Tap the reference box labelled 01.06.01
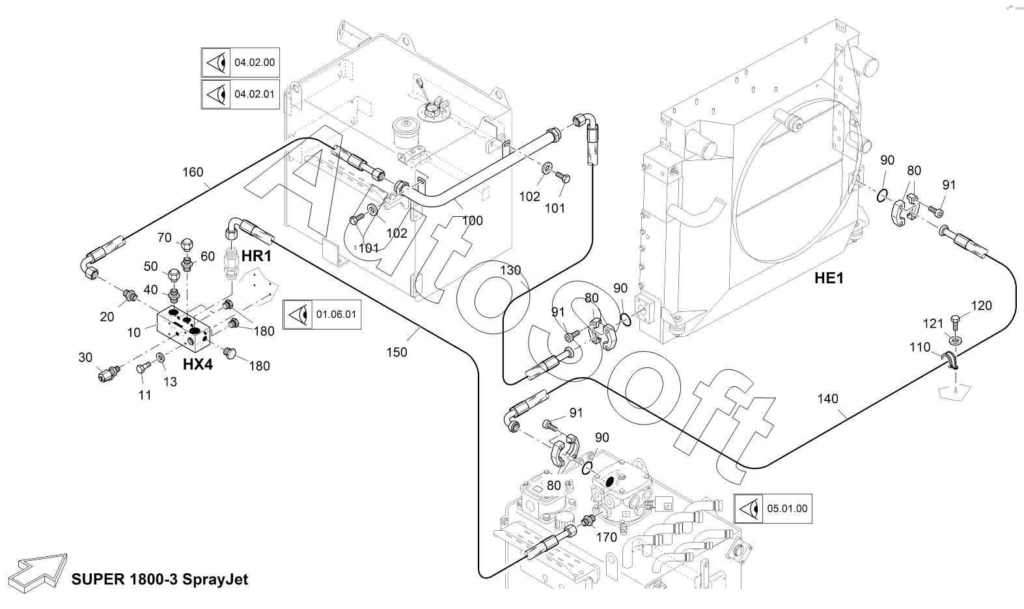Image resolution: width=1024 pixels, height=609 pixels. [322, 315]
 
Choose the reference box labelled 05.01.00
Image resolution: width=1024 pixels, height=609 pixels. [773, 508]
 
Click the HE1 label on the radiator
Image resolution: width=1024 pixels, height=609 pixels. [829, 279]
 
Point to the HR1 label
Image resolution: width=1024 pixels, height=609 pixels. [256, 257]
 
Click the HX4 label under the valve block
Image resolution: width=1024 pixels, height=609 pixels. [198, 365]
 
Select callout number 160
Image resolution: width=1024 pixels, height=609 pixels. [193, 173]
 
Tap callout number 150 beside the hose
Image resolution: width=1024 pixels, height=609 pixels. [396, 352]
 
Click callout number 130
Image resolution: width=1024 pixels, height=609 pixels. [510, 270]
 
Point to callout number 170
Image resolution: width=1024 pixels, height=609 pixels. [607, 538]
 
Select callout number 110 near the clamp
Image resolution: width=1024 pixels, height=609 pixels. [920, 348]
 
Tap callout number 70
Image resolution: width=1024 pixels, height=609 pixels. [164, 238]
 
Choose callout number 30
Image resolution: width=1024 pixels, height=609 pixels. [86, 357]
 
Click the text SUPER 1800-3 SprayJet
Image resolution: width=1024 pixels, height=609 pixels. [160, 580]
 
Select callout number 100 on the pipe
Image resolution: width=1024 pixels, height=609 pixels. [473, 221]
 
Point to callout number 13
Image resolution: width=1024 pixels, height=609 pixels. [170, 382]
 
